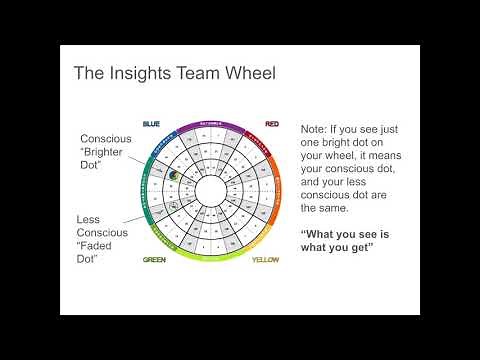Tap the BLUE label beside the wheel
click(151, 124)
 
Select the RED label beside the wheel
click(272, 124)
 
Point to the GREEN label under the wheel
click(154, 259)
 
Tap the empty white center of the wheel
click(211, 191)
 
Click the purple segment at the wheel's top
click(211, 130)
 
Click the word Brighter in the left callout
click(105, 153)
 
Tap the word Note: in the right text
click(313, 130)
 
